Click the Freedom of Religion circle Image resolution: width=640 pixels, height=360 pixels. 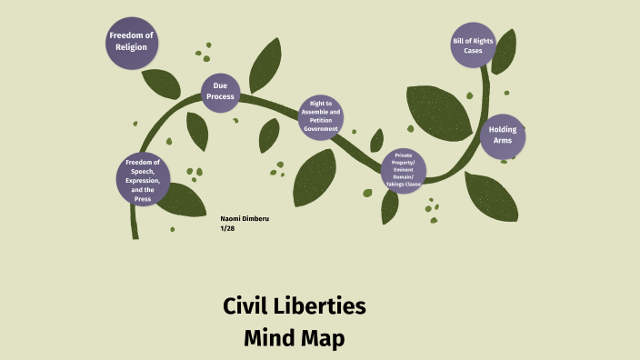[132, 42]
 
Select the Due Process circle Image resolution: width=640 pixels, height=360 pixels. [220, 92]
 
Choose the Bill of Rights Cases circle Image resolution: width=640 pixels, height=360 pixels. [473, 45]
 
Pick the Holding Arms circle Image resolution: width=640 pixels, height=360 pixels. [503, 135]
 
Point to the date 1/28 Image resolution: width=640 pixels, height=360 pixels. [227, 228]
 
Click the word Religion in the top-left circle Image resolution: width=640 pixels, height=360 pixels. [132, 47]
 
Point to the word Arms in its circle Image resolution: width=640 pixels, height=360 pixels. [503, 141]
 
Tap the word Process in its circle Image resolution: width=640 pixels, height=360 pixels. [220, 97]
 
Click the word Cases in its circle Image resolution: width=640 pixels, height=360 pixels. [473, 51]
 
